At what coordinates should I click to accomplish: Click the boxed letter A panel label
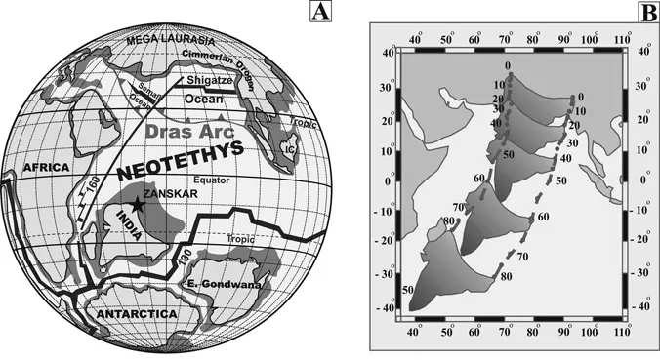point(319,13)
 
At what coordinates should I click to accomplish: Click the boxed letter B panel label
point(646,13)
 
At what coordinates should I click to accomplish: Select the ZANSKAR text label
point(168,196)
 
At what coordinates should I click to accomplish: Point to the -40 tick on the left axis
point(383,309)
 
